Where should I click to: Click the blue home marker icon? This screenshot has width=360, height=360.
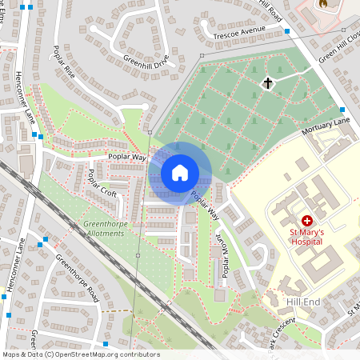[180, 172]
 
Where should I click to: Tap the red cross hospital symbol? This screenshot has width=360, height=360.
[306, 220]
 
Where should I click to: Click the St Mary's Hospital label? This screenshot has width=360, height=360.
[306, 236]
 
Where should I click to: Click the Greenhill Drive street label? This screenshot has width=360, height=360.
[146, 61]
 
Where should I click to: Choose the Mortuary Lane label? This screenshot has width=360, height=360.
[326, 126]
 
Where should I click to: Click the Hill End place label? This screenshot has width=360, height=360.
[303, 302]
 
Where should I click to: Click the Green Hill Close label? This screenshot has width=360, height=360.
[340, 48]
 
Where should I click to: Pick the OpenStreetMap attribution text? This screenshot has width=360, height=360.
[81, 354]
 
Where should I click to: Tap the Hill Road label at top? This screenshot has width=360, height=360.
[271, 10]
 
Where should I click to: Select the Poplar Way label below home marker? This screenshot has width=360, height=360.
[205, 206]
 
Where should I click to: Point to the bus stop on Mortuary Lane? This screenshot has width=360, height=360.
[342, 110]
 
